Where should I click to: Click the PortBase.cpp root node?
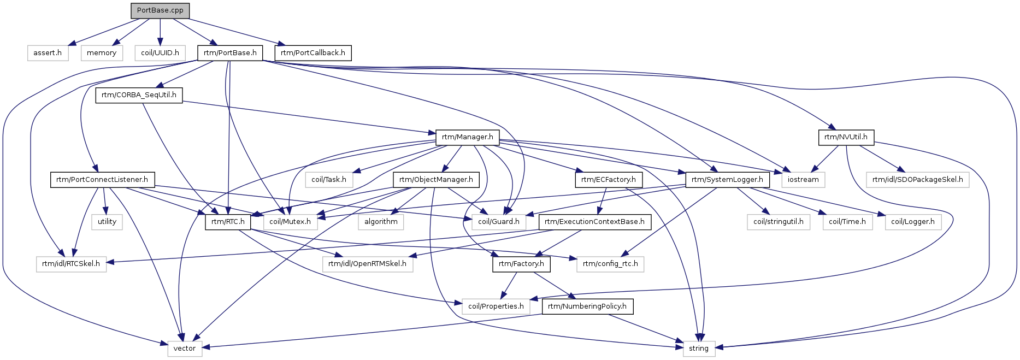pos(160,10)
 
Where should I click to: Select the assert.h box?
pos(48,53)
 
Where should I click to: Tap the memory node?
pos(102,53)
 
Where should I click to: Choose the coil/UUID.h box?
pos(160,53)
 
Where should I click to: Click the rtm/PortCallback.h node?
pos(313,53)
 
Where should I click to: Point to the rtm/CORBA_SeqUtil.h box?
pos(139,95)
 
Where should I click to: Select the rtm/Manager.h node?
pos(468,137)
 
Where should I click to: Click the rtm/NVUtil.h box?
pos(846,137)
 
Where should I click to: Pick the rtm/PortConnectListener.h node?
pos(102,180)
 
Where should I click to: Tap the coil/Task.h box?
pos(329,180)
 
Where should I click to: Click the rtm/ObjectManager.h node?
pos(437,180)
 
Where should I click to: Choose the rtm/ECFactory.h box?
pos(609,180)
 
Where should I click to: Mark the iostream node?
pos(804,180)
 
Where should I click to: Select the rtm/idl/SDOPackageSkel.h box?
pos(918,180)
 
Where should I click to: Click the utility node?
pos(107,222)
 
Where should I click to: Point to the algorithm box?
pos(381,222)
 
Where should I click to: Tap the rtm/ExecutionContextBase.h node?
pos(595,222)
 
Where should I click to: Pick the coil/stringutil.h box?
pos(779,222)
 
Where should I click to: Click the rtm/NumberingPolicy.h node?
pos(587,306)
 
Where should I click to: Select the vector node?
pos(185,349)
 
